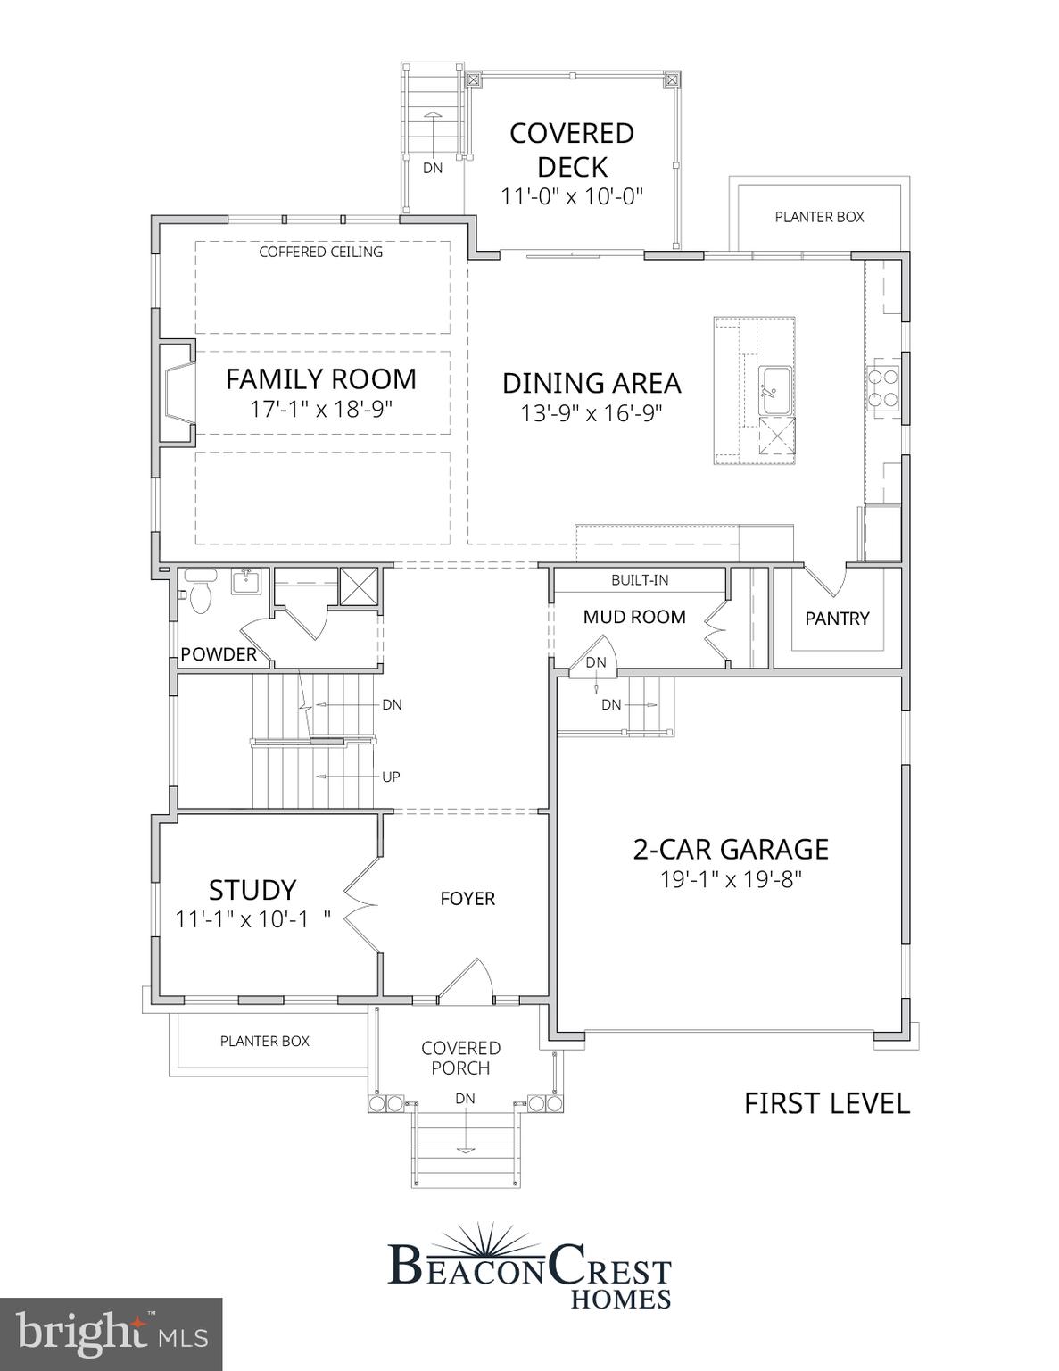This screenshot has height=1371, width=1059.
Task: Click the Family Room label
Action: [320, 379]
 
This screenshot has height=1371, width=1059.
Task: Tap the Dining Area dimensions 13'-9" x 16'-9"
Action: [591, 413]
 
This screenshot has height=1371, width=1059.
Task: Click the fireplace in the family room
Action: [177, 391]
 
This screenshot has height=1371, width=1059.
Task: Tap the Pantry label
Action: [836, 619]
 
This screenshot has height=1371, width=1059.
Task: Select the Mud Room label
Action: [634, 617]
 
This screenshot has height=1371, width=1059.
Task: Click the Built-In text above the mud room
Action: [639, 580]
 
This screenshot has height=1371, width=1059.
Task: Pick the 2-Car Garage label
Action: [730, 849]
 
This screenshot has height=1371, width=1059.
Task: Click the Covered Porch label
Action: [460, 1058]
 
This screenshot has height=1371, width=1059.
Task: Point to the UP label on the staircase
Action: [391, 777]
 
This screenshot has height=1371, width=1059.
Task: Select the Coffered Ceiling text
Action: [320, 253]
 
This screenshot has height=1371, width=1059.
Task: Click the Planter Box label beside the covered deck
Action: [818, 217]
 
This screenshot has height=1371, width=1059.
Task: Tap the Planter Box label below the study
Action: [264, 1042]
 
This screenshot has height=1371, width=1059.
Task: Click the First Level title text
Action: [826, 1103]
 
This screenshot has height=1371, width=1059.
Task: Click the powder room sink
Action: [245, 583]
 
